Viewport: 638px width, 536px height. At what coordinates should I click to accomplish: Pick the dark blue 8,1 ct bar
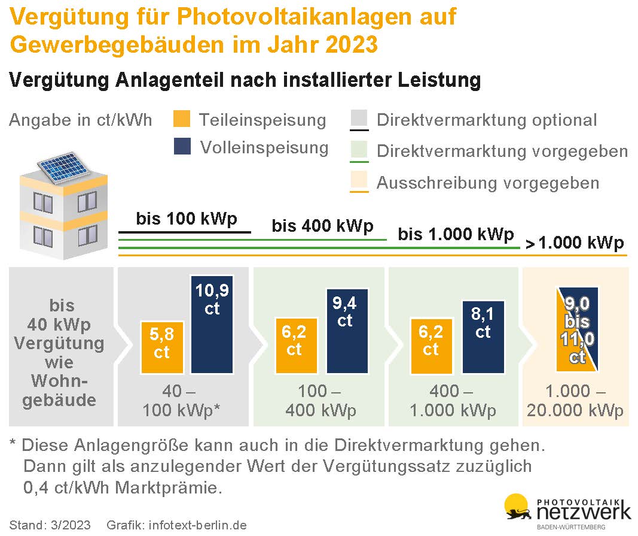tap(483, 338)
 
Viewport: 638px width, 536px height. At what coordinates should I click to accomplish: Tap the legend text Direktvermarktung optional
tap(486, 120)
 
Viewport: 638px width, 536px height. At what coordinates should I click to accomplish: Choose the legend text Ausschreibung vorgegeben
tap(487, 183)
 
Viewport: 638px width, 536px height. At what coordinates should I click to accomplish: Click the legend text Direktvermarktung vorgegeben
tap(502, 151)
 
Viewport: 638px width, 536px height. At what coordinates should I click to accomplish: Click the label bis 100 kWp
tap(186, 219)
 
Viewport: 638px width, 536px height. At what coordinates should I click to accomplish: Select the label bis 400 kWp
tap(322, 226)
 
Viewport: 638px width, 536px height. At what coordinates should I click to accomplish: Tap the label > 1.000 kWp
tap(575, 243)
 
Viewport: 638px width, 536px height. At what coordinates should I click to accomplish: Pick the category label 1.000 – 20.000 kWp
tap(575, 401)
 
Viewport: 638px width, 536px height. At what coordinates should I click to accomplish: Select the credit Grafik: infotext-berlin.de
tap(176, 525)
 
